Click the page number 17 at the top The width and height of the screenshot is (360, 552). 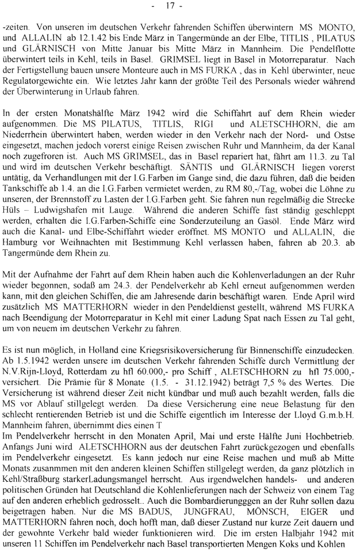pyautogui.click(x=180, y=6)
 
